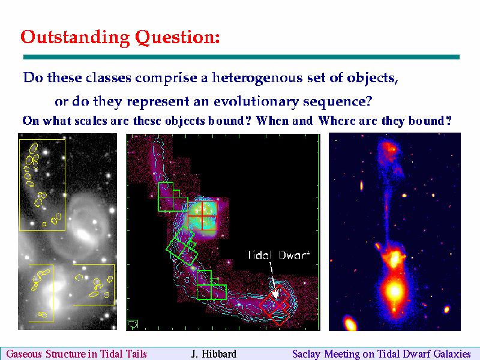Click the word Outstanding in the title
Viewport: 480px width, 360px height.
pos(76,38)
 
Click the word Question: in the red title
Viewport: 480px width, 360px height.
pos(178,38)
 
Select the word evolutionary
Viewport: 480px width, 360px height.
pos(256,101)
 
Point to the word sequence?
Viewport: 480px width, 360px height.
pos(338,101)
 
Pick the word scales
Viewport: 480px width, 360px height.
pos(91,121)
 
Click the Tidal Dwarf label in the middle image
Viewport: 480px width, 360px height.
pos(279,254)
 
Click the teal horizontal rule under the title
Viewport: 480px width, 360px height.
pos(242,57)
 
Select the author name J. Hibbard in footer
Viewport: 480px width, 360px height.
pos(214,354)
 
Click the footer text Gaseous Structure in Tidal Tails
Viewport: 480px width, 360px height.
pos(77,354)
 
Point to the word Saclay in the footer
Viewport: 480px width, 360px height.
pos(306,354)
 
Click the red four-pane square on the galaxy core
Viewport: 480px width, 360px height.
pos(202,215)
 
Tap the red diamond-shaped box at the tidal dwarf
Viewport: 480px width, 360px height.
pos(275,305)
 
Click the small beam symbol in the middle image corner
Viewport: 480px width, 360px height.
pos(132,325)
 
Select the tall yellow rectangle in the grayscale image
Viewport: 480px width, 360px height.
pos(42,185)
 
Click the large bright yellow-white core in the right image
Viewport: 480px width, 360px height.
pos(394,291)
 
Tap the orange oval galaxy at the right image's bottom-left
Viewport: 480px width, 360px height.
pos(350,323)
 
